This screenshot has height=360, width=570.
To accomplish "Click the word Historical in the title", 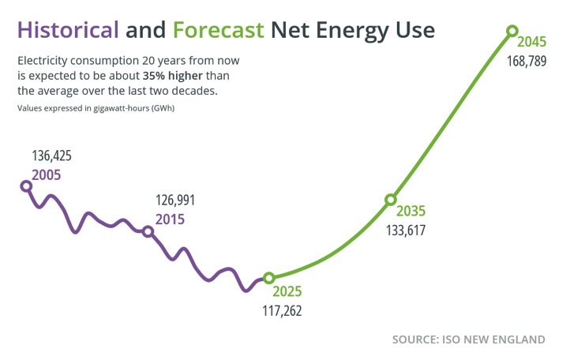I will [x=69, y=30].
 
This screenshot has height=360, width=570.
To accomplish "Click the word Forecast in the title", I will [x=218, y=30].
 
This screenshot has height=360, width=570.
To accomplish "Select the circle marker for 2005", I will [x=26, y=186].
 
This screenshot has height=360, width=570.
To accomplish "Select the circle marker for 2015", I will [x=147, y=231].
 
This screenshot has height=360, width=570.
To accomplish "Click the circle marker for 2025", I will [x=268, y=278].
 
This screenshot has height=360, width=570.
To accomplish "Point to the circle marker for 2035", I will [x=390, y=201].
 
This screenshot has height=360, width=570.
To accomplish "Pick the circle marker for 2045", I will [x=512, y=31].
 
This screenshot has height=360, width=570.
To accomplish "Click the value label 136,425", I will [x=51, y=156].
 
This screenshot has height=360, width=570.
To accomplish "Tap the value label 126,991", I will [x=174, y=200].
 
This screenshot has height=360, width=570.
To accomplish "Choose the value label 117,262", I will [x=282, y=311].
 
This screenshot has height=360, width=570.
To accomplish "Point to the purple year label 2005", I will [x=46, y=174].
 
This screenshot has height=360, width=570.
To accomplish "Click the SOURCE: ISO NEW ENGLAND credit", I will [x=468, y=339].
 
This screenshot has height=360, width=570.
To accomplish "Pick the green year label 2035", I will [x=411, y=212].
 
